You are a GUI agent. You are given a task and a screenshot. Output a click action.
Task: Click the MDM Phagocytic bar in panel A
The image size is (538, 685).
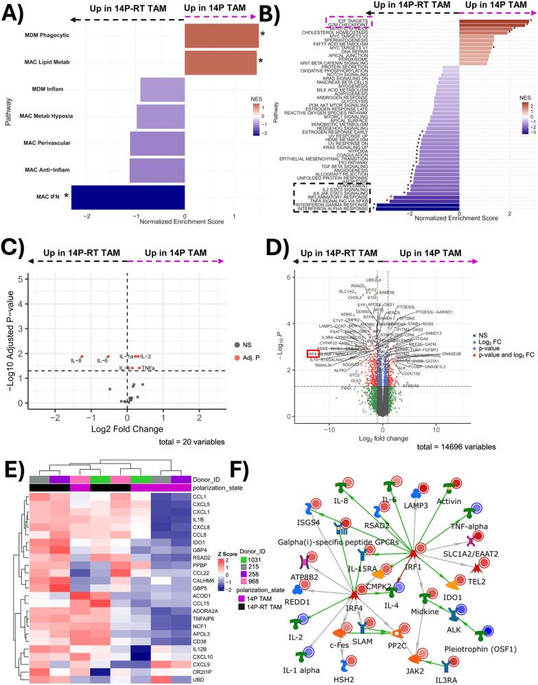[x=222, y=34]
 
